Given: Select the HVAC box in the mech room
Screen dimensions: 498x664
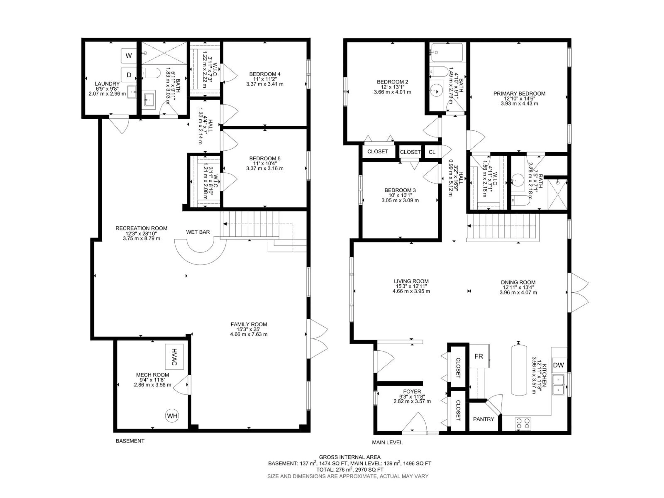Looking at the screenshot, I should [x=174, y=357].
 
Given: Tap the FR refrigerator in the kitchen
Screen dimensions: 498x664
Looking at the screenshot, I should [x=479, y=356].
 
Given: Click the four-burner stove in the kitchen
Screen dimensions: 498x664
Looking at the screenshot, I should [x=523, y=424].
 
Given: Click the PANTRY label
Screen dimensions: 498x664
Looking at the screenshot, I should [x=484, y=419].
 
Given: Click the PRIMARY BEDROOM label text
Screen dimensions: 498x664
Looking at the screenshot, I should [x=519, y=94].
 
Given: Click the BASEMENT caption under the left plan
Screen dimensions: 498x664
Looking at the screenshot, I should [x=130, y=441].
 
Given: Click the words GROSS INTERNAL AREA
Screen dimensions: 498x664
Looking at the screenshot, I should [x=349, y=457].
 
